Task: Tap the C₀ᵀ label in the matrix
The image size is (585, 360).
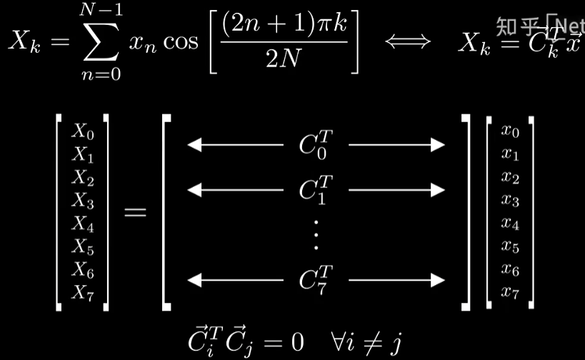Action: pos(316,144)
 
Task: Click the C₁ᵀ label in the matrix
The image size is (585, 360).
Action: pos(316,189)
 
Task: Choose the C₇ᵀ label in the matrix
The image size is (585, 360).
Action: pos(316,280)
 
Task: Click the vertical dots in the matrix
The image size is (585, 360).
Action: pos(316,234)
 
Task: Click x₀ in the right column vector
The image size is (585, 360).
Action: pos(510,131)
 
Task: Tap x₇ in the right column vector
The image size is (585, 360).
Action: pos(510,291)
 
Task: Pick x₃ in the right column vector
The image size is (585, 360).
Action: pos(510,200)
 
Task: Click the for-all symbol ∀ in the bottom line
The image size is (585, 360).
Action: pos(325,340)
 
